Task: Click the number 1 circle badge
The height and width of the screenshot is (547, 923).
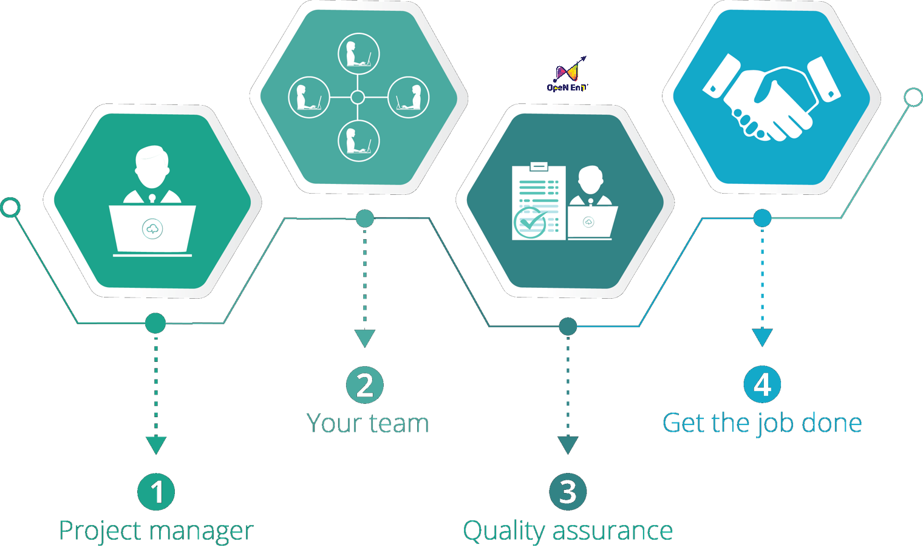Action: tap(156, 492)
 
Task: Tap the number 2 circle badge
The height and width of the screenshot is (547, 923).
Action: tap(364, 385)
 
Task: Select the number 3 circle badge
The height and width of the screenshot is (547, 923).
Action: tap(568, 492)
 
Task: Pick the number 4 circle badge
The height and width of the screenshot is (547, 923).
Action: tap(762, 384)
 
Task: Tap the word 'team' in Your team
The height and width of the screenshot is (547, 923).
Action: tap(399, 423)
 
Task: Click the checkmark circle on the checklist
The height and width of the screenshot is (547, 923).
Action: tap(530, 223)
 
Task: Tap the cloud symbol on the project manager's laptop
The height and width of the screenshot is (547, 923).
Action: tap(152, 229)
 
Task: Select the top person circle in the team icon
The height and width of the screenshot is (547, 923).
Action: tap(358, 53)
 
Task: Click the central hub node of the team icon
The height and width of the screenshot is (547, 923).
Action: tap(358, 97)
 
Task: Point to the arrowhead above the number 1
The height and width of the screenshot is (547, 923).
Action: tap(156, 444)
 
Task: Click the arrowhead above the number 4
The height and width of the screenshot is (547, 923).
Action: tap(762, 337)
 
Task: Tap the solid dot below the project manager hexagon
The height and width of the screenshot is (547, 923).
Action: tap(155, 323)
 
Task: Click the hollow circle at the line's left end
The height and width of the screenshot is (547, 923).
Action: tap(10, 208)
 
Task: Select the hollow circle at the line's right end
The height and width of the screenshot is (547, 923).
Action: tap(913, 97)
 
